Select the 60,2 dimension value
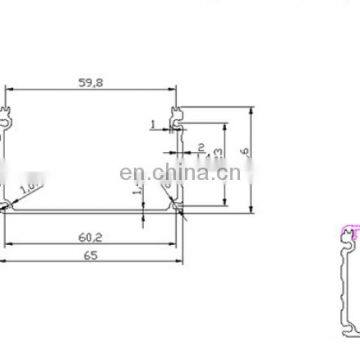[x=91, y=236]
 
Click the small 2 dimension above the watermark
[x=200, y=148]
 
